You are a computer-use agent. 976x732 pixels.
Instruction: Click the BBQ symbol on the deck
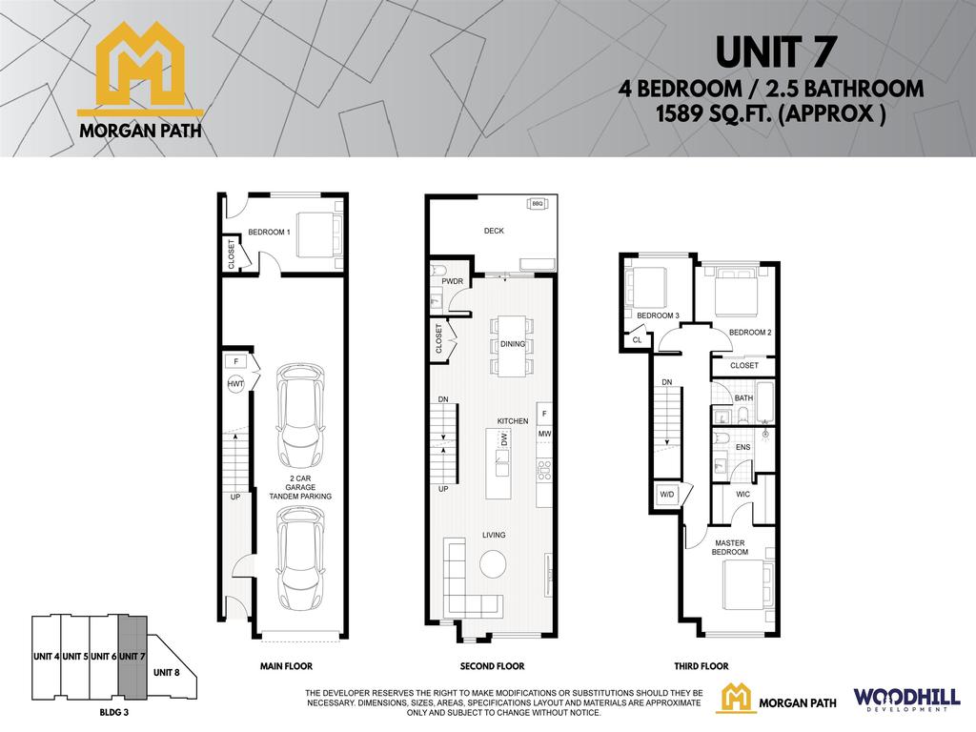coord(537,204)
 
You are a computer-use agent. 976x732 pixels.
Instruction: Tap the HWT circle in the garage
coord(235,383)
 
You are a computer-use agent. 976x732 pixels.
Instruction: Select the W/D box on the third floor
coord(665,495)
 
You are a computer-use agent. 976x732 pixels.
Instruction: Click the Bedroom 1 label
coord(269,232)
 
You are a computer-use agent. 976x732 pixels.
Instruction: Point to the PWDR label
coord(451,281)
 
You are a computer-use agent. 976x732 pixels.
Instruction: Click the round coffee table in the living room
coord(494,565)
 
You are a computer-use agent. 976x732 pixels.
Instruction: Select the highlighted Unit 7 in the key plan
coord(132,657)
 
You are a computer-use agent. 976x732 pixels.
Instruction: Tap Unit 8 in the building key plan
coord(166,672)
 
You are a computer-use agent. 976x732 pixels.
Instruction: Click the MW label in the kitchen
coord(543,435)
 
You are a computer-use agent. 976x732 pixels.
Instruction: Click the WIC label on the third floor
coord(742,494)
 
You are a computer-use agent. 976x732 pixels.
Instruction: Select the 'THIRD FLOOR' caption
coord(701,667)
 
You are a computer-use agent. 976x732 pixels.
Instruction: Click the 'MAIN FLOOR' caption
coord(286,667)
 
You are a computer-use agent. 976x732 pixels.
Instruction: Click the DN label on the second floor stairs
coord(443,399)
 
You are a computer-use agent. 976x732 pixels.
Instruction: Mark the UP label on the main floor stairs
coord(234,497)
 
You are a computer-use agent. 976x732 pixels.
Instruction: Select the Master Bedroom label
coord(730,547)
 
